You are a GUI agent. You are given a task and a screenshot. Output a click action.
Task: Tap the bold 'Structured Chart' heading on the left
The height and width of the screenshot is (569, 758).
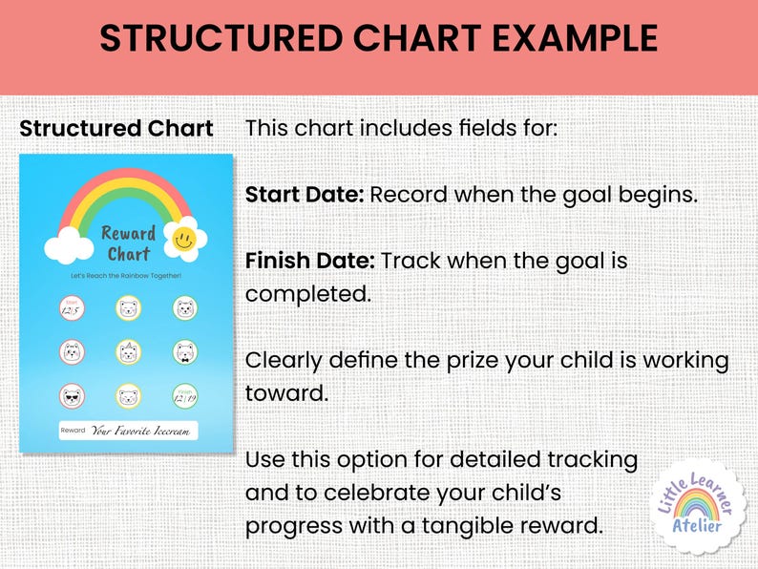coord(116,129)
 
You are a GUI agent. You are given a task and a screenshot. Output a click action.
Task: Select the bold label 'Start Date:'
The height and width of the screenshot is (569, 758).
coord(305,195)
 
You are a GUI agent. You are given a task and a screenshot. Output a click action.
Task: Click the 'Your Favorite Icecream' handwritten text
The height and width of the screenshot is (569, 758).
coord(141,431)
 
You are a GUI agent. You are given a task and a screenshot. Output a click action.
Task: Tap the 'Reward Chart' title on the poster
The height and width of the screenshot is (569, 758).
coord(128,243)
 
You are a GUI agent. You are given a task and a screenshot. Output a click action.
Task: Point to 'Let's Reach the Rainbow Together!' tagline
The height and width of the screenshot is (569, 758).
coord(127,275)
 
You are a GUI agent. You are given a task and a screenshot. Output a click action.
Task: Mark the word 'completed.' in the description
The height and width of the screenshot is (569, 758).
coord(307,294)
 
